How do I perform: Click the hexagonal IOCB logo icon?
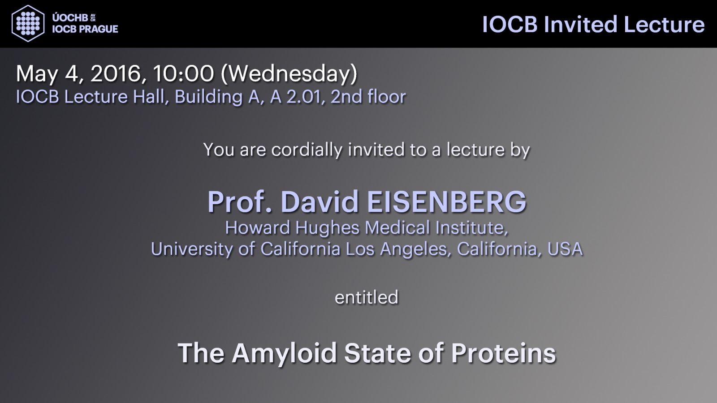click(x=28, y=23)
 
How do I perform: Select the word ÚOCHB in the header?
click(x=70, y=18)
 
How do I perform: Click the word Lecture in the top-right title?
click(x=664, y=25)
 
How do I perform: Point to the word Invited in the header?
click(x=580, y=25)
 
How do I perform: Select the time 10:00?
click(x=183, y=73)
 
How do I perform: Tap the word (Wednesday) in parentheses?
click(x=289, y=74)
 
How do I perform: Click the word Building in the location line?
click(x=208, y=97)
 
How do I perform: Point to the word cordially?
click(x=307, y=150)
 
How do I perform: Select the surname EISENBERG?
click(x=446, y=202)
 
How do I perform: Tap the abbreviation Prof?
click(x=240, y=202)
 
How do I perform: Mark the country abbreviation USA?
click(x=565, y=249)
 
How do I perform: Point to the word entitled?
click(x=367, y=297)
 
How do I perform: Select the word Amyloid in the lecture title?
click(x=284, y=354)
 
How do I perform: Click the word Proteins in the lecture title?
click(x=504, y=353)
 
